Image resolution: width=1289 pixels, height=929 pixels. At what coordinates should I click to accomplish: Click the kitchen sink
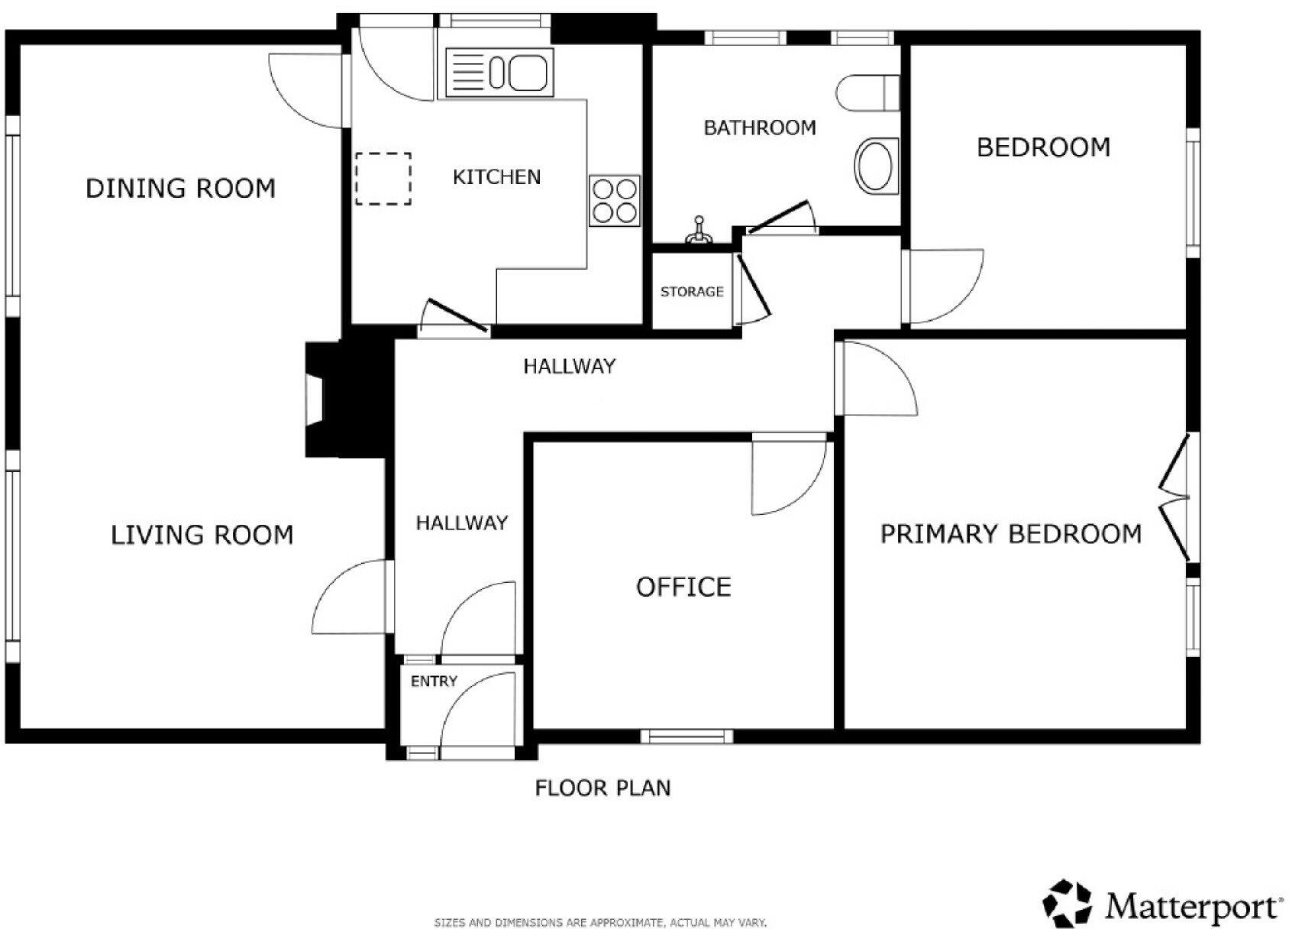pyautogui.click(x=499, y=73)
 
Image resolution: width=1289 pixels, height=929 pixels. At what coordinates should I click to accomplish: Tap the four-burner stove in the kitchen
pyautogui.click(x=615, y=200)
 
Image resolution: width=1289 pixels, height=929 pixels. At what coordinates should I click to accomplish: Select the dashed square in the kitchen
pyautogui.click(x=383, y=179)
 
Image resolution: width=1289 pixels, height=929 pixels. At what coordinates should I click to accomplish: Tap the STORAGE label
pyautogui.click(x=692, y=292)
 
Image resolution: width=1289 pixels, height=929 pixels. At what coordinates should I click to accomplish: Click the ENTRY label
pyautogui.click(x=434, y=681)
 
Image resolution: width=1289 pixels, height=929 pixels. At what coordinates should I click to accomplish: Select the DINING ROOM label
pyautogui.click(x=181, y=189)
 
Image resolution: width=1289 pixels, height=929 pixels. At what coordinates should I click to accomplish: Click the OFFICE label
pyautogui.click(x=683, y=587)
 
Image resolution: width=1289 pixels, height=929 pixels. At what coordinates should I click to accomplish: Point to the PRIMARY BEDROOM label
pyautogui.click(x=1011, y=534)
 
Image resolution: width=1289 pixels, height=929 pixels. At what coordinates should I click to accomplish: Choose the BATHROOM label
pyautogui.click(x=760, y=128)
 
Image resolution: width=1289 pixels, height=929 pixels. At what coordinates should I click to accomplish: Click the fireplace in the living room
pyautogui.click(x=344, y=400)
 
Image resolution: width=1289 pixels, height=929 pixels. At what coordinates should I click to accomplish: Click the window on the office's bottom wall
pyautogui.click(x=686, y=736)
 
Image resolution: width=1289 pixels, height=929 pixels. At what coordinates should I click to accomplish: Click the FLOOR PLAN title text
pyautogui.click(x=603, y=788)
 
